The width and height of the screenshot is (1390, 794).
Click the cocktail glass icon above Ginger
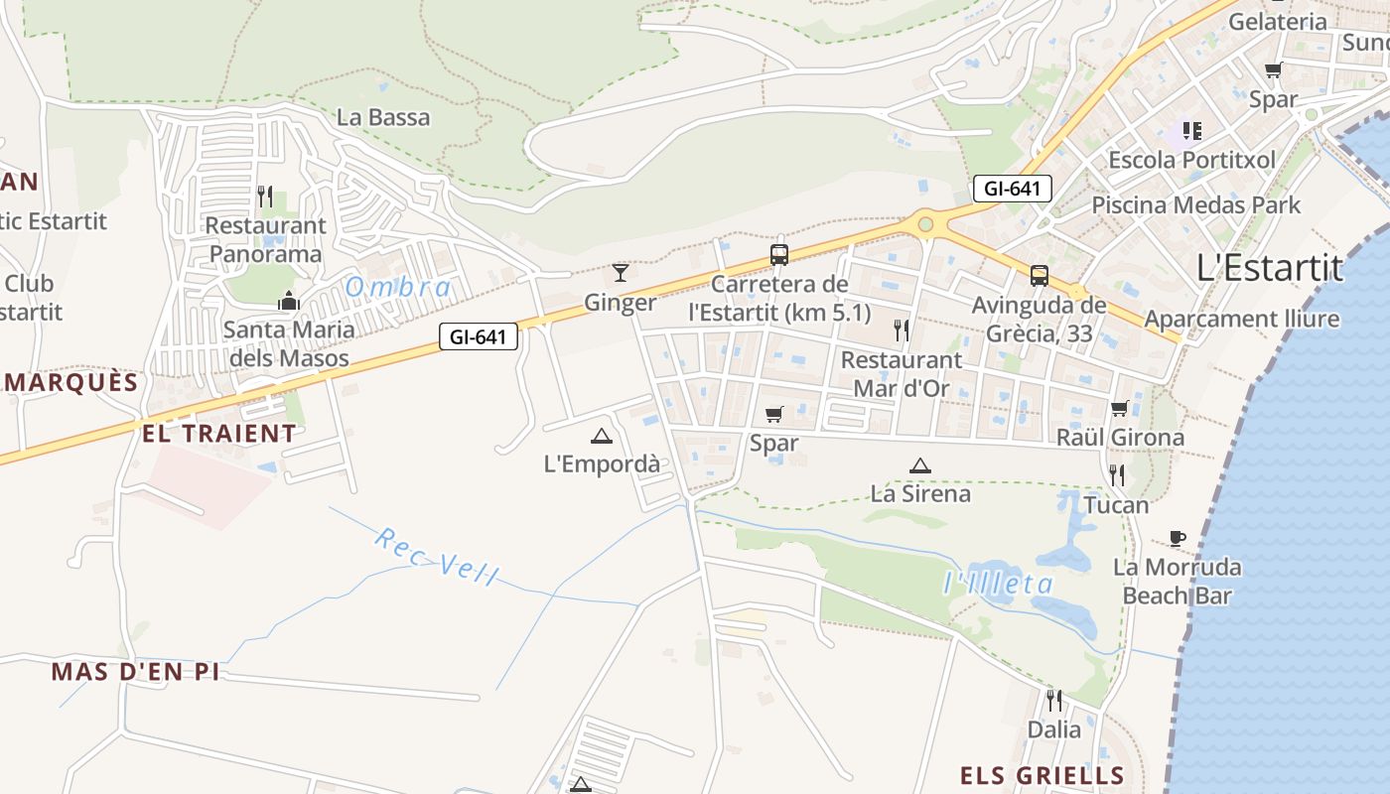[621, 272]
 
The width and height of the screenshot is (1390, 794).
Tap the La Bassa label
[383, 117]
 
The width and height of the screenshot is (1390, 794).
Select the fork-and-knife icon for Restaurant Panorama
[265, 196]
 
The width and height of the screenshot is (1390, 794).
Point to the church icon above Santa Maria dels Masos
[289, 300]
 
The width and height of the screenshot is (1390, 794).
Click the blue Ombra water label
[398, 288]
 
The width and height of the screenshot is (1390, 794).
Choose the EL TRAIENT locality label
[219, 434]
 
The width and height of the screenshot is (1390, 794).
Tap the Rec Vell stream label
[437, 558]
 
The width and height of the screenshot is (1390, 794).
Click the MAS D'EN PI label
[135, 672]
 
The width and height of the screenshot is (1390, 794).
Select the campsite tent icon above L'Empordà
[602, 435]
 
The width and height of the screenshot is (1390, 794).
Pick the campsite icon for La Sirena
[920, 464]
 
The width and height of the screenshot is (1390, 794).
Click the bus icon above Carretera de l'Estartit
[779, 254]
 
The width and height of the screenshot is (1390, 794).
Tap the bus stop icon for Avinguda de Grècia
[1040, 275]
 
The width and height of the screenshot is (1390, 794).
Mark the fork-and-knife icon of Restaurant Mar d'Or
[902, 330]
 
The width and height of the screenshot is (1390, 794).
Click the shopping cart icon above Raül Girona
[1120, 408]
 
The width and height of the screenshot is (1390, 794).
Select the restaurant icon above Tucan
[1117, 475]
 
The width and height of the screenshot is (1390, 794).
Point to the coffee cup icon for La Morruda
[1178, 538]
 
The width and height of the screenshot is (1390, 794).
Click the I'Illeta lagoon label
[998, 583]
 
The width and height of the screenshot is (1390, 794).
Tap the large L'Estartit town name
[1270, 267]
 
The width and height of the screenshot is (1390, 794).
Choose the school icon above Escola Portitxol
[1191, 130]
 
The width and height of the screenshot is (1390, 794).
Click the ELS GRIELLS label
[1042, 775]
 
